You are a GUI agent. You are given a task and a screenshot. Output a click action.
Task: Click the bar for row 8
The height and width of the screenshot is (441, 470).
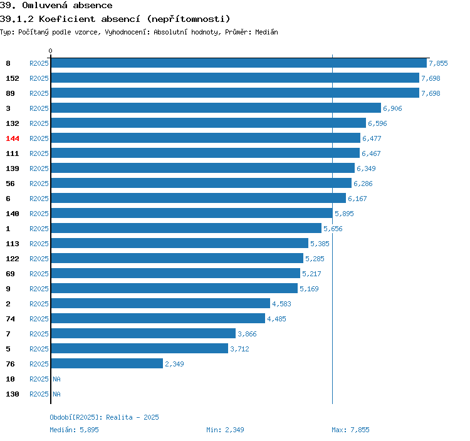coord(239,63)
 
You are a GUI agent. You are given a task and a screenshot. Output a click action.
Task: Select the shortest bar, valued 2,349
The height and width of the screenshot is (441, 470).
coord(107,363)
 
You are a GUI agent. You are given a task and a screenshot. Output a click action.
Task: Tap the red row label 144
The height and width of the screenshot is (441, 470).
coord(13,138)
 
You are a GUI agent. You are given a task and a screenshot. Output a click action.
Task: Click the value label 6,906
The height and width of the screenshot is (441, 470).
coord(392,108)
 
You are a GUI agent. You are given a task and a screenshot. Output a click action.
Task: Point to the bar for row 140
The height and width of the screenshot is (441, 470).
coord(192,213)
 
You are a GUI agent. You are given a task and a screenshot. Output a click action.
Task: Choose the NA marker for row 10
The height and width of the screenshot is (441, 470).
coord(56,379)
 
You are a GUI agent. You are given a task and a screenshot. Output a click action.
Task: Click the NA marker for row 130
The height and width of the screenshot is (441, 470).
coord(56,394)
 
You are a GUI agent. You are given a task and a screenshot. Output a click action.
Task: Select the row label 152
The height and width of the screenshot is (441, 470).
coord(13,78)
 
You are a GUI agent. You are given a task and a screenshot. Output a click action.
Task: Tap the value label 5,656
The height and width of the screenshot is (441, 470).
coord(333,229)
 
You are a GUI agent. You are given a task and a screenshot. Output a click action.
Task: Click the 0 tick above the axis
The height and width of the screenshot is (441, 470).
coord(50,51)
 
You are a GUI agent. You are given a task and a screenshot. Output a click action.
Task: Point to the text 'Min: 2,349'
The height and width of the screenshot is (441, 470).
coord(225,430)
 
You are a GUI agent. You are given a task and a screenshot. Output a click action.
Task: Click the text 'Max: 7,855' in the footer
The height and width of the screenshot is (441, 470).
coord(350,430)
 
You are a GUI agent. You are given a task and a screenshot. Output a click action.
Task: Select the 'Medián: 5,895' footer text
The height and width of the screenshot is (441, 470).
coord(74,430)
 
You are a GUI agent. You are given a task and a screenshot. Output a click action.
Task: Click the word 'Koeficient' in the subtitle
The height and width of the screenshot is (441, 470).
coord(67,19)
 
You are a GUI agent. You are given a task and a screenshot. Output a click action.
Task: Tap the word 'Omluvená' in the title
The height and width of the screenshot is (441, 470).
coord(45,5)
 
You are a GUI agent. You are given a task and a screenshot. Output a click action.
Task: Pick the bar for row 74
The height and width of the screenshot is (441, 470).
coord(158,318)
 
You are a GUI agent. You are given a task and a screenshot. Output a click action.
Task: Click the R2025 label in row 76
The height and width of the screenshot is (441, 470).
coord(39,364)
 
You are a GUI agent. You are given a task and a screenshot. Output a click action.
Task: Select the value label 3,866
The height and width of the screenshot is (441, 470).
coord(247,334)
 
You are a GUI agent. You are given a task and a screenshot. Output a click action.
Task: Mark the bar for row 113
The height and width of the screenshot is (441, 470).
coord(180,243)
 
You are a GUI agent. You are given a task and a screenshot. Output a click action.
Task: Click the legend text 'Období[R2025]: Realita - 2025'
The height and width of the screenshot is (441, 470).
coord(104,417)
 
